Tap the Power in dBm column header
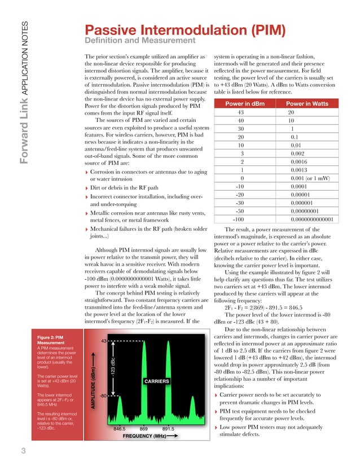pos(242,104)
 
